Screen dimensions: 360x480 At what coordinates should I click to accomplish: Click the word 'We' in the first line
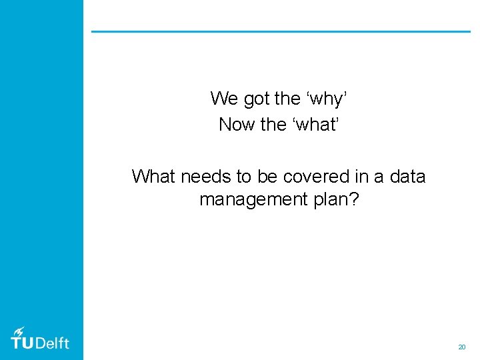pyautogui.click(x=224, y=99)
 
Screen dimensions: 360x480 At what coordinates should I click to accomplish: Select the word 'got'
pyautogui.click(x=257, y=99)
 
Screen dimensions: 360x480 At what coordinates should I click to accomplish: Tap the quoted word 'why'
pyautogui.click(x=327, y=99)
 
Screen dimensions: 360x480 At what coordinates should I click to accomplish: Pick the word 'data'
pyautogui.click(x=407, y=176)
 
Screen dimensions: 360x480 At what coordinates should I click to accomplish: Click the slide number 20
pyautogui.click(x=461, y=347)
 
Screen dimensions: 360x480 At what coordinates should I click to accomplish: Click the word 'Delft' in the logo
pyautogui.click(x=51, y=343)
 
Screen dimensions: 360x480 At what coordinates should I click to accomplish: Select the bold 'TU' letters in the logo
pyautogui.click(x=21, y=343)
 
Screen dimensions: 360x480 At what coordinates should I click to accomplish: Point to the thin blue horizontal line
pyautogui.click(x=280, y=31)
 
